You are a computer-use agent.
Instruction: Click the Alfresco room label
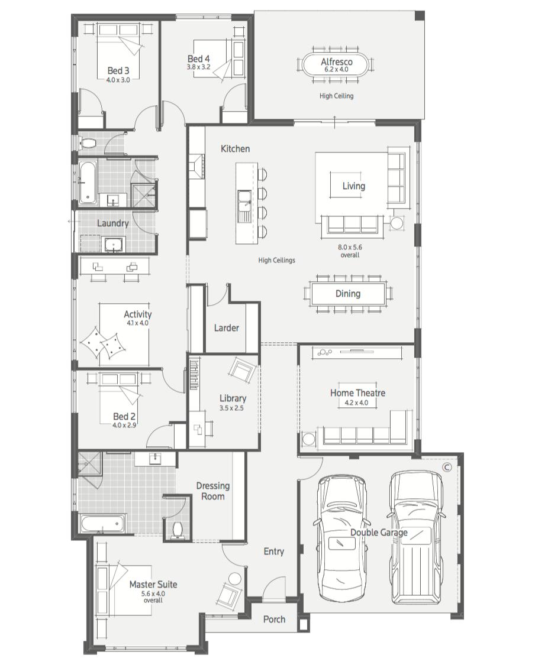(x=336, y=61)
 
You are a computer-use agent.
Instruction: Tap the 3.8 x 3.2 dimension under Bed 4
(x=199, y=67)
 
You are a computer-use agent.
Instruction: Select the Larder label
(x=226, y=327)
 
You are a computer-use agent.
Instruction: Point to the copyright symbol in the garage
(x=447, y=467)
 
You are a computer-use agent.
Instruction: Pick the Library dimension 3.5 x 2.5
(x=231, y=408)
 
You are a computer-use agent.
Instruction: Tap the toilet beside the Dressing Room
(x=176, y=530)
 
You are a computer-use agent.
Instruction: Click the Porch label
(x=274, y=619)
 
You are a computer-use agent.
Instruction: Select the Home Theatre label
(x=357, y=392)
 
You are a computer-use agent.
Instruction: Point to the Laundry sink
(x=113, y=245)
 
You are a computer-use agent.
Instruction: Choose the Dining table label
(x=348, y=293)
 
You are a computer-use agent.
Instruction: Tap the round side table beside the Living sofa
(x=395, y=223)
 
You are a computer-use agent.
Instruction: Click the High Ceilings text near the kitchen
(x=277, y=261)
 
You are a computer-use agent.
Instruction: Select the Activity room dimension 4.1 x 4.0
(x=137, y=323)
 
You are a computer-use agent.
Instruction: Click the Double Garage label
(x=379, y=533)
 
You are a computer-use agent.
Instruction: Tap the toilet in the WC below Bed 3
(x=88, y=143)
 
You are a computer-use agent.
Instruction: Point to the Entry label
(x=274, y=551)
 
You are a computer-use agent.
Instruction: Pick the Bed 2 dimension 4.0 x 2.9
(x=124, y=425)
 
